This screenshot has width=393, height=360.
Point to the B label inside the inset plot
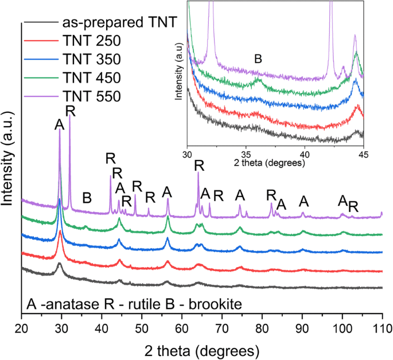pyautogui.click(x=258, y=58)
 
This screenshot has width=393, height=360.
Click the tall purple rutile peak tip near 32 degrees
pyautogui.click(x=70, y=116)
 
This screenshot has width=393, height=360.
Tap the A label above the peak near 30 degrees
pyautogui.click(x=59, y=125)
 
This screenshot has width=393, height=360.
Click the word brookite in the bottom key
pyautogui.click(x=193, y=303)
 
